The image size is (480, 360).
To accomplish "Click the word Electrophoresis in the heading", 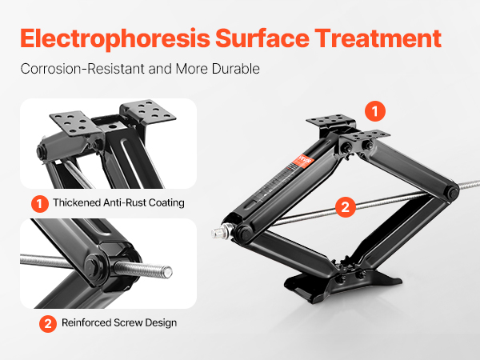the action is (x=115, y=39).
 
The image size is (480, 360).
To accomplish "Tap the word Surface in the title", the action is (x=262, y=38).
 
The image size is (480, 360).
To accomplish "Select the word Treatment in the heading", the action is (x=378, y=38).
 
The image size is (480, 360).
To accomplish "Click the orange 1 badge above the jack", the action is (x=375, y=111).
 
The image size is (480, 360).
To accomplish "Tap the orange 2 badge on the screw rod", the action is (x=346, y=207).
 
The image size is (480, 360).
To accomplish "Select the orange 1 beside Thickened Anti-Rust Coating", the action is (x=40, y=203).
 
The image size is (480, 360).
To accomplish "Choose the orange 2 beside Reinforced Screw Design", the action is (x=48, y=323).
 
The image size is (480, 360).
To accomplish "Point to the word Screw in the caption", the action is (x=128, y=322).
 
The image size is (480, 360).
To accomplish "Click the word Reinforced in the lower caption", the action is (x=86, y=322).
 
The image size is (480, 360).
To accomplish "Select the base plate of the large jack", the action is (x=342, y=284).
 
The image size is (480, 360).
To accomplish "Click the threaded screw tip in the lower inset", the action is (x=167, y=272).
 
